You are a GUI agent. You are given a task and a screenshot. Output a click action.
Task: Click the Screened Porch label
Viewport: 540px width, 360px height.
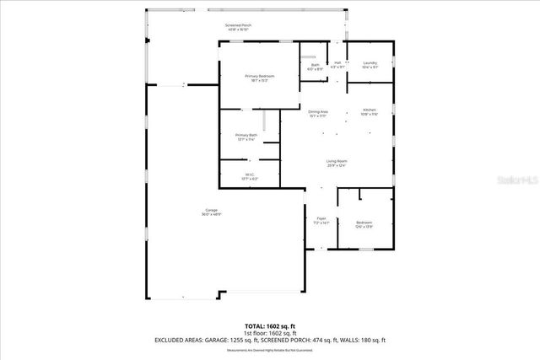[x=238, y=25]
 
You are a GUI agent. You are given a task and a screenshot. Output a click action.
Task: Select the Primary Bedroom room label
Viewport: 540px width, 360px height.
[x=260, y=76]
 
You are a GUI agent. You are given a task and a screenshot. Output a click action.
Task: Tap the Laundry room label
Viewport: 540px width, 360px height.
[x=370, y=63]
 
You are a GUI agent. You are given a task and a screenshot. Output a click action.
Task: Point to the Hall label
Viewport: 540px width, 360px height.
[x=337, y=63]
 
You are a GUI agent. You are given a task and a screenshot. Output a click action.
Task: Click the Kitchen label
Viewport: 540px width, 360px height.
[x=370, y=110]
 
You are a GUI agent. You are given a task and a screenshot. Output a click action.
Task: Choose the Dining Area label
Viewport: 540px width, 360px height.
[x=318, y=111]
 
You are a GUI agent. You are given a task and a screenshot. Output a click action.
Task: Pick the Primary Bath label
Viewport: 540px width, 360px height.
[x=246, y=135]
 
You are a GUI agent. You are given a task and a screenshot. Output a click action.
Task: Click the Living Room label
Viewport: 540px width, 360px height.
[x=337, y=161]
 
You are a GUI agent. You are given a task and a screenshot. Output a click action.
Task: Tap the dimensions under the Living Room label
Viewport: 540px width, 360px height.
[x=337, y=166]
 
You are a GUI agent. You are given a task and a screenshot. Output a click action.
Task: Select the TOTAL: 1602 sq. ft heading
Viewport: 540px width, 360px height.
[x=269, y=325]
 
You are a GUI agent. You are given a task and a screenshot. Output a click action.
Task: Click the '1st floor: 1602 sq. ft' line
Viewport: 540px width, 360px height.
[x=269, y=332]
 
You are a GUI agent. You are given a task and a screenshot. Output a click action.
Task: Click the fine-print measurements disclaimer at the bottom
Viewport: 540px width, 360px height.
[x=269, y=349]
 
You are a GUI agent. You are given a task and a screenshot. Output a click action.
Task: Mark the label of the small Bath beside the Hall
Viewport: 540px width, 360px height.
[x=315, y=64]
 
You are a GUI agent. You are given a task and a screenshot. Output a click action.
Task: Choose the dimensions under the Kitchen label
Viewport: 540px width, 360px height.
[x=370, y=115]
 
